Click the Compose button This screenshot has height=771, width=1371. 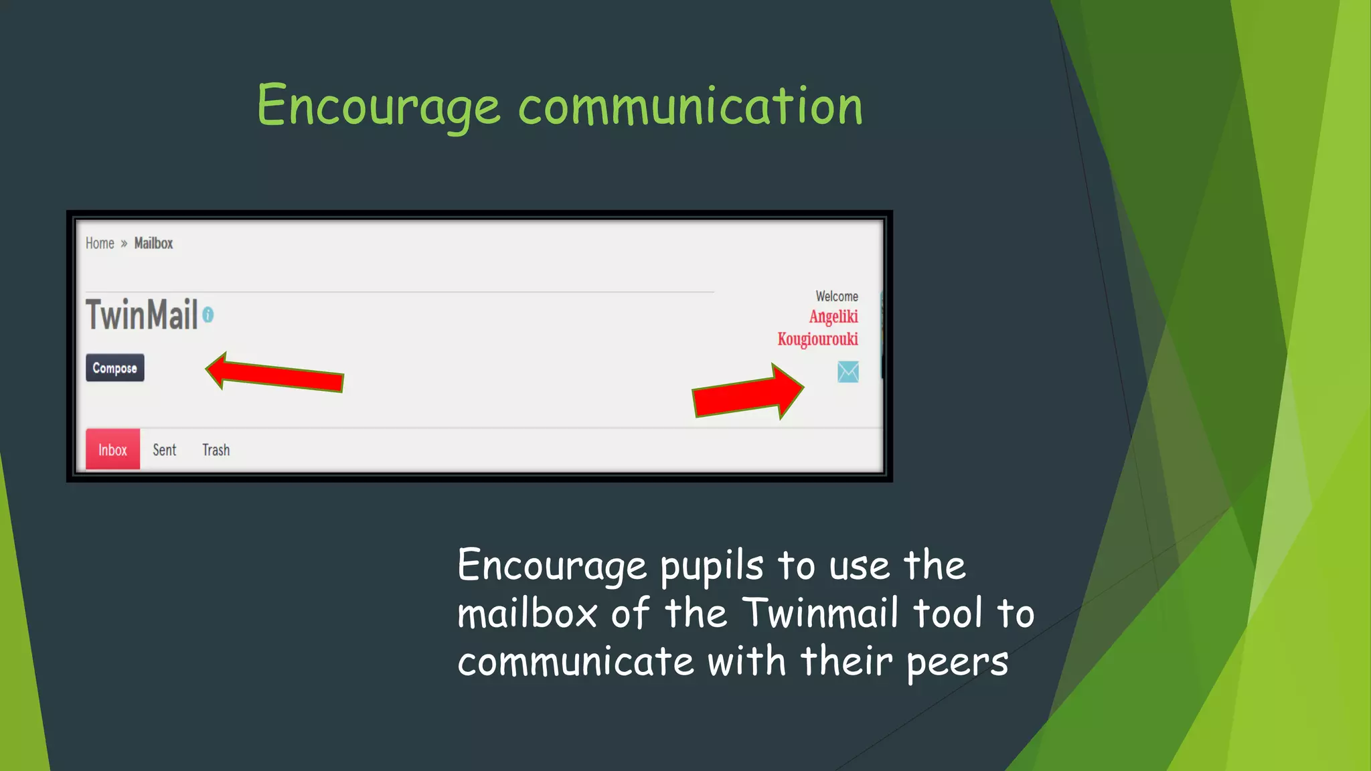(x=114, y=368)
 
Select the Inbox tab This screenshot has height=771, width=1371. (x=112, y=450)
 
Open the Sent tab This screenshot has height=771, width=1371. (x=164, y=450)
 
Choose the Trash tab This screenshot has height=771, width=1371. (x=216, y=450)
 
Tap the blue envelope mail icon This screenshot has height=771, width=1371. (x=848, y=372)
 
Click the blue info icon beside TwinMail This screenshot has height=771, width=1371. (x=208, y=315)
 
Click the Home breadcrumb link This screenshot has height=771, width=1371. (x=100, y=244)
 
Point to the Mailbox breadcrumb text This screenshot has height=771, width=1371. (x=153, y=244)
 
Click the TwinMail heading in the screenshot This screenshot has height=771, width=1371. (x=142, y=315)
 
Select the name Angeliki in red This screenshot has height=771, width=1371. (x=833, y=317)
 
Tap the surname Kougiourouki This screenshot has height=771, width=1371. (x=817, y=339)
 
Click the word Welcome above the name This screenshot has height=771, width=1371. (x=836, y=296)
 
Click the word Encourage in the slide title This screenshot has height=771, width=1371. (x=378, y=106)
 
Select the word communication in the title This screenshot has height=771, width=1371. (x=690, y=106)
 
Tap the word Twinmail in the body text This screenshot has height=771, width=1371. (x=820, y=613)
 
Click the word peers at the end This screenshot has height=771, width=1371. (x=957, y=663)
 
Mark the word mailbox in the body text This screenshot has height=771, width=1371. (x=527, y=613)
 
